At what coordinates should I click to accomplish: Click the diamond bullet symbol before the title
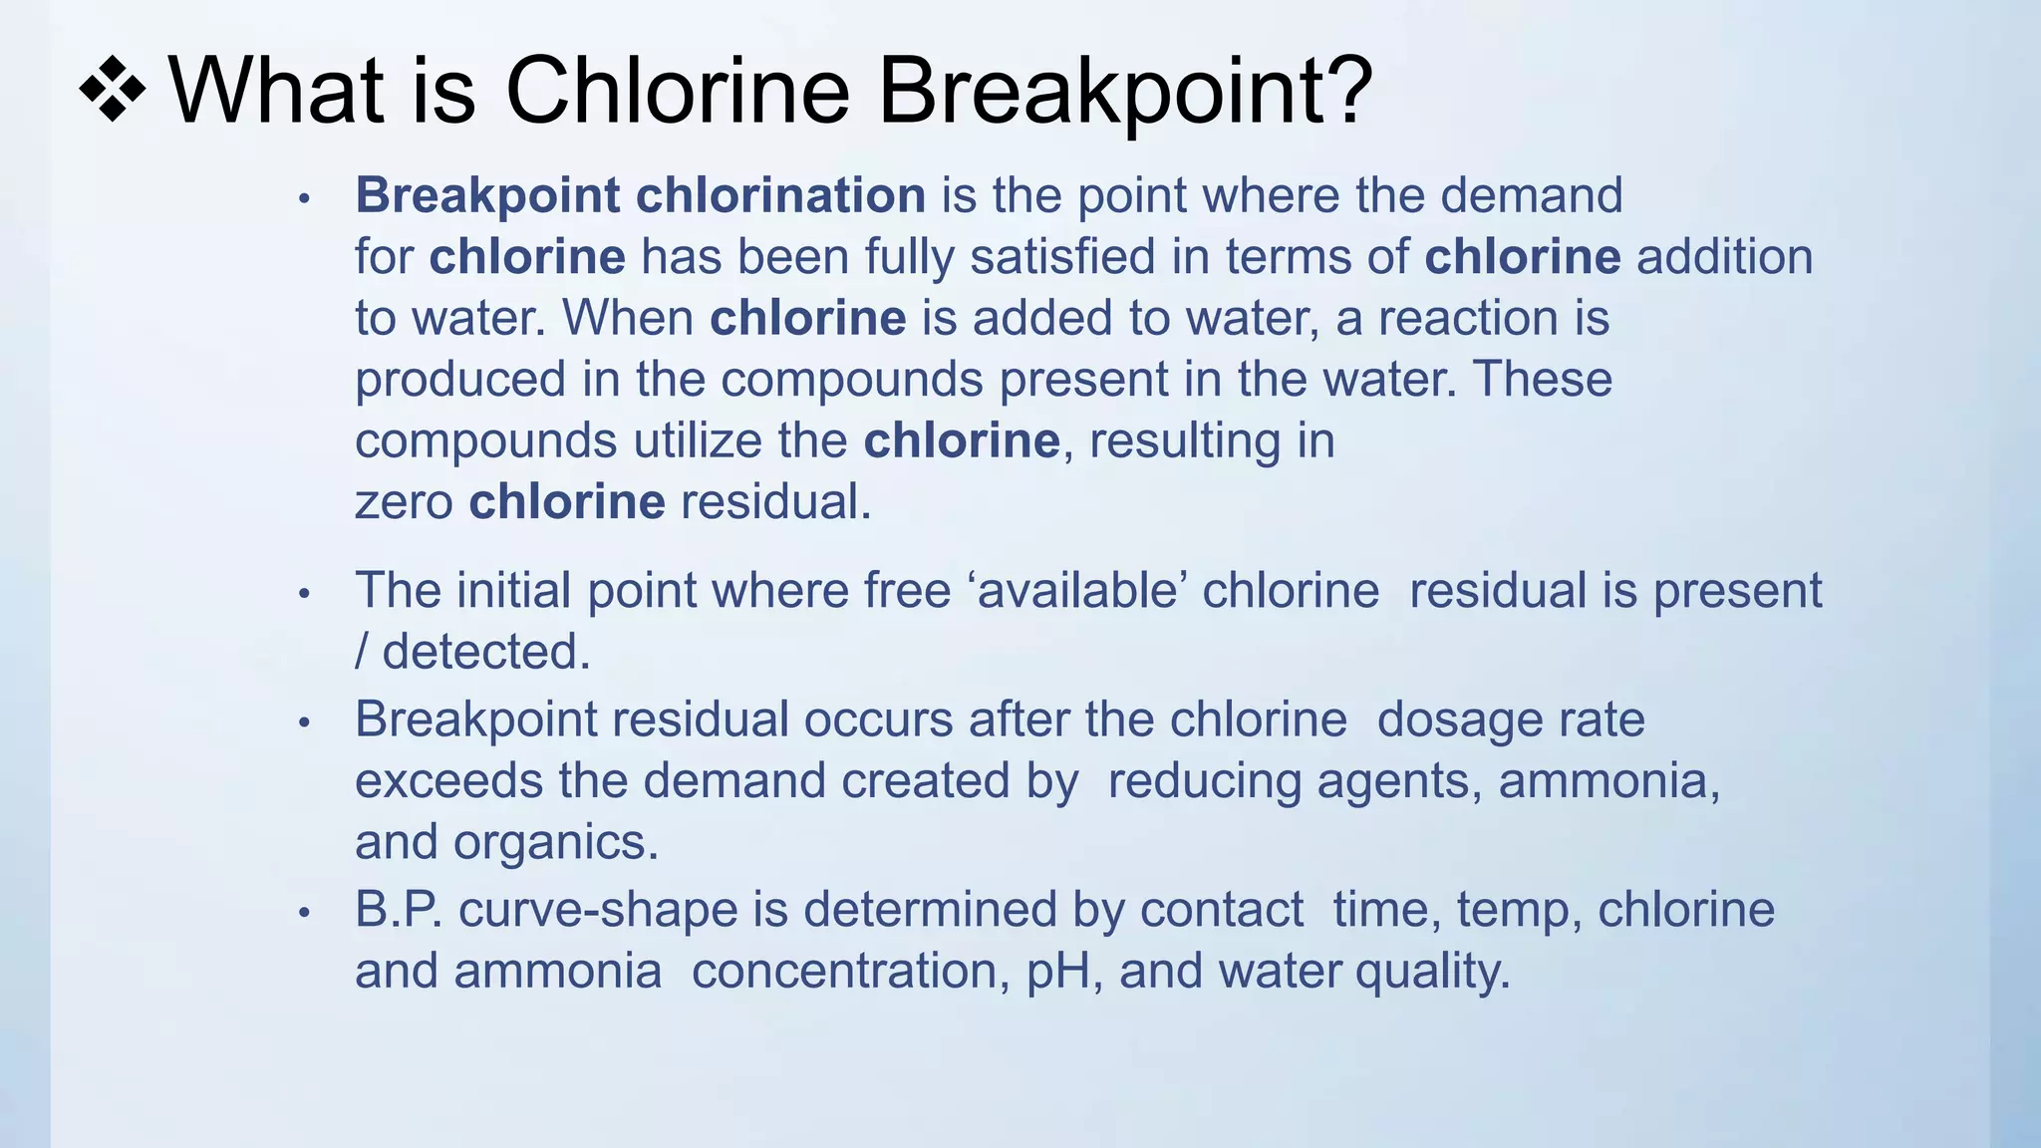(x=113, y=92)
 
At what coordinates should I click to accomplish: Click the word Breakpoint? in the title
(x=1125, y=92)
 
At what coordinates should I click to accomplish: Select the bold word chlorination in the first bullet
(x=780, y=195)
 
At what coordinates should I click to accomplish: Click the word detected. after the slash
(x=486, y=653)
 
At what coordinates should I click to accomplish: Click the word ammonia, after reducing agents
(x=1609, y=780)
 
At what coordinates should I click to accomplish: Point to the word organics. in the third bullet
(x=556, y=842)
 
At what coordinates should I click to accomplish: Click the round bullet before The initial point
(x=305, y=595)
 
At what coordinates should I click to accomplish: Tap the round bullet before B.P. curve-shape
(x=305, y=914)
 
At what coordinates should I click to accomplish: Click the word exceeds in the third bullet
(x=448, y=780)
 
